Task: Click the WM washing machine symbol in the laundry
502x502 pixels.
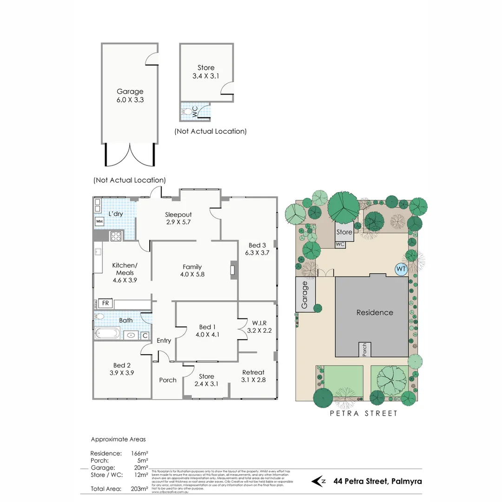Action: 99,222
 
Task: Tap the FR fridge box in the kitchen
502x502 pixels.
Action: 106,304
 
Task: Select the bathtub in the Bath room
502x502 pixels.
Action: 107,334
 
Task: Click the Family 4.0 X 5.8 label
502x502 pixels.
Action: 192,270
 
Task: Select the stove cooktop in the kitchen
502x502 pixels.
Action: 116,236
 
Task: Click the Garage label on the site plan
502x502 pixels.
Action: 305,295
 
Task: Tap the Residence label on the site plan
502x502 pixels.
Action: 375,313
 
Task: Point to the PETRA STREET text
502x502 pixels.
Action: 363,413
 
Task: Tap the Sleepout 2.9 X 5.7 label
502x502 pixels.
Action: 178,218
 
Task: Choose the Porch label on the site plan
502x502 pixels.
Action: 364,350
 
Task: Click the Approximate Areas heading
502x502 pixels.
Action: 118,439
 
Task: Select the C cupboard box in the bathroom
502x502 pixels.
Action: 145,335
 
